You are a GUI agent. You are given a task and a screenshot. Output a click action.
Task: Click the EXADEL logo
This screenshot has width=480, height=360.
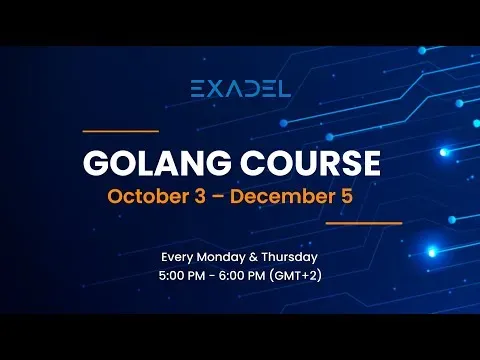(x=240, y=88)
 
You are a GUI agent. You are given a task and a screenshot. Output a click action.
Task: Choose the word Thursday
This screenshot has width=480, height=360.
(x=292, y=255)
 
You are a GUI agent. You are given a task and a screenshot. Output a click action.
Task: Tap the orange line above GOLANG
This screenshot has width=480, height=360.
(x=120, y=131)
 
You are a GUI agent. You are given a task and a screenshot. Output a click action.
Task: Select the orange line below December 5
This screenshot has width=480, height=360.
(x=364, y=223)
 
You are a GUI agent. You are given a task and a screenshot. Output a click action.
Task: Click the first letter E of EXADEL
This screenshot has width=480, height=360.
(x=197, y=88)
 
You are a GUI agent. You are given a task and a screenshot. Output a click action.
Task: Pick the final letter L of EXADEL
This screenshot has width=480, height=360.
(x=284, y=88)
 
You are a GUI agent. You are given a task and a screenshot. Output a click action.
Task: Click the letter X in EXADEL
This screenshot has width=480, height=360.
(x=214, y=88)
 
